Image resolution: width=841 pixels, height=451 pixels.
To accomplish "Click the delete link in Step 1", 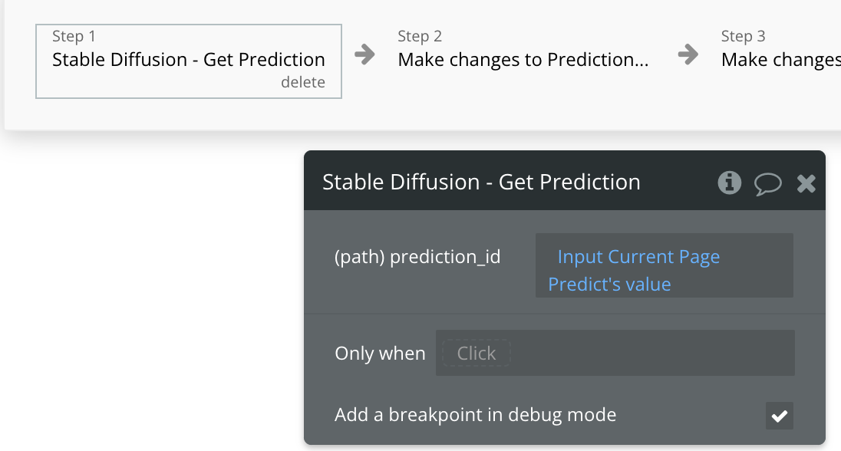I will point(302,82).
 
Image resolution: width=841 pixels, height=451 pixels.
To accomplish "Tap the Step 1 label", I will point(74,36).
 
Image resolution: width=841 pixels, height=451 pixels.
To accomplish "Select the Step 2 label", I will point(420,36).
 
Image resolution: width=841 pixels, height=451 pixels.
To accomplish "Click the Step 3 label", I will point(743,36).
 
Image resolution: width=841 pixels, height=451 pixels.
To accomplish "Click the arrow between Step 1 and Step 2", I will point(364,54).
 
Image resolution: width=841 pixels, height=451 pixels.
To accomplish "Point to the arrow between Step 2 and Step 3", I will point(688,54).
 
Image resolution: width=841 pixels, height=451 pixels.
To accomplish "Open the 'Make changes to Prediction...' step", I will point(523,60).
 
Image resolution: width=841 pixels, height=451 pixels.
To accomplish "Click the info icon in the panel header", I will point(729,183).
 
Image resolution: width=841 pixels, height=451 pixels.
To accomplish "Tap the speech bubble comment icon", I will point(767,183).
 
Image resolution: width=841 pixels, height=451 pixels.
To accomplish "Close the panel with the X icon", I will point(806,183).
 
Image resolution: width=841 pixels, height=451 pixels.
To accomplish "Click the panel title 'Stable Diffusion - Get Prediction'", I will point(481,182).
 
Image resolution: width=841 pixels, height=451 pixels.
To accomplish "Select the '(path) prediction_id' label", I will point(417,257).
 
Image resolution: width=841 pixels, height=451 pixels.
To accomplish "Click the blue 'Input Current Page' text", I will point(638,257).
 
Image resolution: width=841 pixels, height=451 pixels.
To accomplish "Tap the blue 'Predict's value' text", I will point(609,285).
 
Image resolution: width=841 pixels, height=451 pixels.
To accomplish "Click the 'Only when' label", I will point(380,354).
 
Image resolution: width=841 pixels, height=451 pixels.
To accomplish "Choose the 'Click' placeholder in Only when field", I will point(477,354).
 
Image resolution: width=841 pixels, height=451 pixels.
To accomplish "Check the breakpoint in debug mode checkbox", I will point(779,416).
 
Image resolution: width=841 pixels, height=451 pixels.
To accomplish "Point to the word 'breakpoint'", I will point(431,415).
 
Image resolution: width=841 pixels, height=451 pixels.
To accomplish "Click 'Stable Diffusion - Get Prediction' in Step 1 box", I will point(188,60).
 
